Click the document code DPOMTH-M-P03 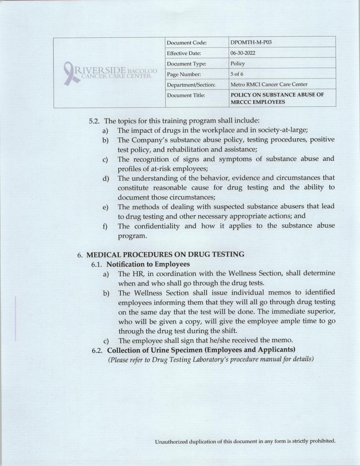(247, 43)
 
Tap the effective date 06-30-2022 (243, 53)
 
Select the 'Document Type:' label (186, 64)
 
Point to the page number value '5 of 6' (237, 74)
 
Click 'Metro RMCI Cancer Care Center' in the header (269, 84)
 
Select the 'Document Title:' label (186, 95)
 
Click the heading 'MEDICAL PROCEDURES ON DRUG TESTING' (165, 254)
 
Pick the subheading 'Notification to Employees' (148, 264)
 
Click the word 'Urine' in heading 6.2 (170, 350)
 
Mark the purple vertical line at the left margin (16, 318)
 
